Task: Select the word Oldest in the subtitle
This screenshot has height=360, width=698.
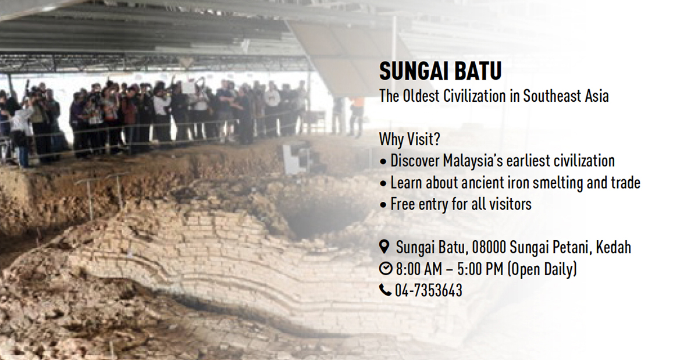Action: (421, 96)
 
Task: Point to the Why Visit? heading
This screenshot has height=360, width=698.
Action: (409, 139)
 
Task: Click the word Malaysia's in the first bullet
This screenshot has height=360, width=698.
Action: (473, 161)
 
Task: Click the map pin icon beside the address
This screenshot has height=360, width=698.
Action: (385, 247)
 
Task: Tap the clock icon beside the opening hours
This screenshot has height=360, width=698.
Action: (386, 269)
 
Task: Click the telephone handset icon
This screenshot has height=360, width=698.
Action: (386, 290)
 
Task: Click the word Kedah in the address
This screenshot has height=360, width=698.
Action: (613, 248)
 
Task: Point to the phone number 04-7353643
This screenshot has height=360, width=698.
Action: (429, 290)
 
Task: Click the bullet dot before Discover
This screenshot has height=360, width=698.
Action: (383, 162)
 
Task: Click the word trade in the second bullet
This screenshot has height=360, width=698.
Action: (625, 183)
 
